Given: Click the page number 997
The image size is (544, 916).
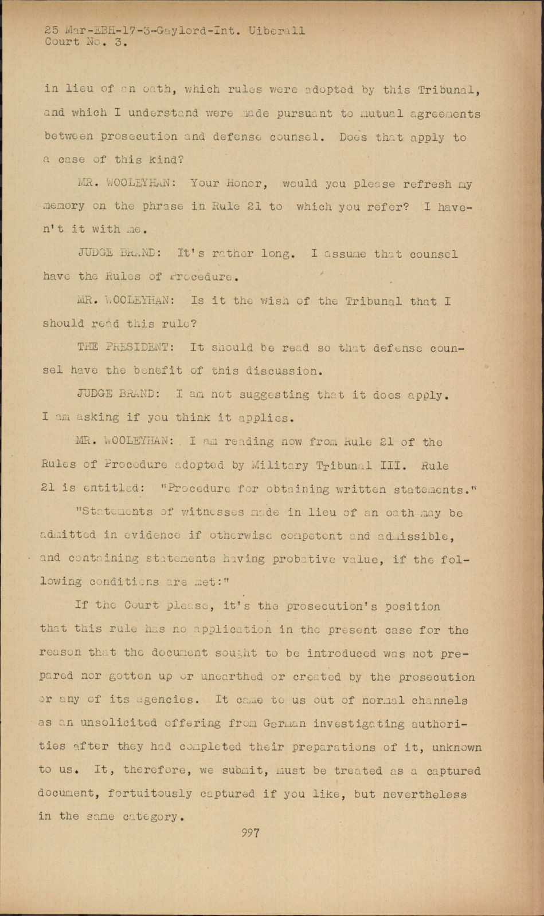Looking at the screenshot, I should tap(251, 833).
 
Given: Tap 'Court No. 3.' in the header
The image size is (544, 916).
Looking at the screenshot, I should tap(86, 42).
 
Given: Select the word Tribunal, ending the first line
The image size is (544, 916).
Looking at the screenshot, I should tap(449, 90).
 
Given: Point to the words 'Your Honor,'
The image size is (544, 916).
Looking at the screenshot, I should tap(227, 184).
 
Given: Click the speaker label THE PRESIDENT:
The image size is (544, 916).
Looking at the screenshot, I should tap(123, 348).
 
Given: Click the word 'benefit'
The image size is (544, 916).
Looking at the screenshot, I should tap(157, 370).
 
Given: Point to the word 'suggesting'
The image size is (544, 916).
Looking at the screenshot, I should tap(273, 394).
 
